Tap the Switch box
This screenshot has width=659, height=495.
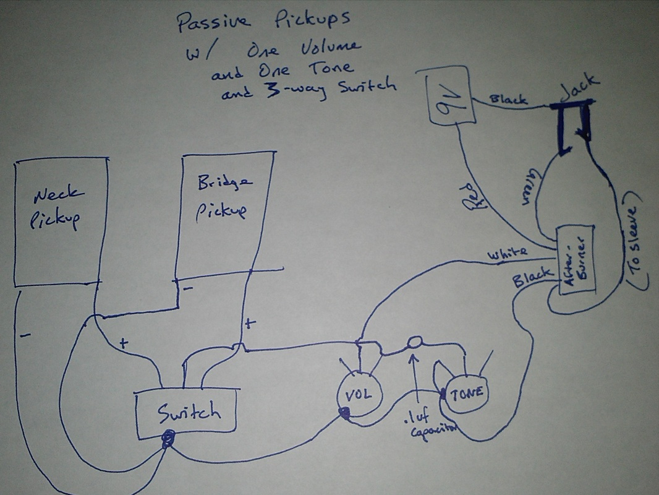187,412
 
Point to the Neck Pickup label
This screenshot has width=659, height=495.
57,209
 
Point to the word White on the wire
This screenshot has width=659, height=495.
508,253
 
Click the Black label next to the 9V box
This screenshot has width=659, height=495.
508,99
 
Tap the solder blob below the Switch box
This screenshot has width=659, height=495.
167,441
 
